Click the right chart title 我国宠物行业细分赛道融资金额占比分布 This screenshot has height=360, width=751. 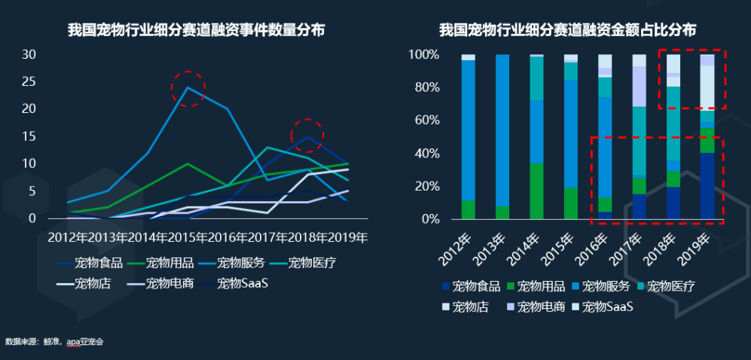coord(568,31)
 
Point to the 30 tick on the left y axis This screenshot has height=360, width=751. coord(29,54)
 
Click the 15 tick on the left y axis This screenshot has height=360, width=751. coord(29,136)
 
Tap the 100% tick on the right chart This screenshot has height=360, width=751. coord(423,55)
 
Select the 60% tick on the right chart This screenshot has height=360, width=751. coord(425,121)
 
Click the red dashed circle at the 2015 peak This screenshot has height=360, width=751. coord(188,89)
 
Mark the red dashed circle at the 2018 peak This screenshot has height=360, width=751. coord(307,136)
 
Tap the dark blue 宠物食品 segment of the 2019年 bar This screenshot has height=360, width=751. coord(707,185)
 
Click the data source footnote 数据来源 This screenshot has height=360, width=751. coord(53,342)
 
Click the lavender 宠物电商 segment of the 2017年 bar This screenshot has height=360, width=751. coord(639,86)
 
